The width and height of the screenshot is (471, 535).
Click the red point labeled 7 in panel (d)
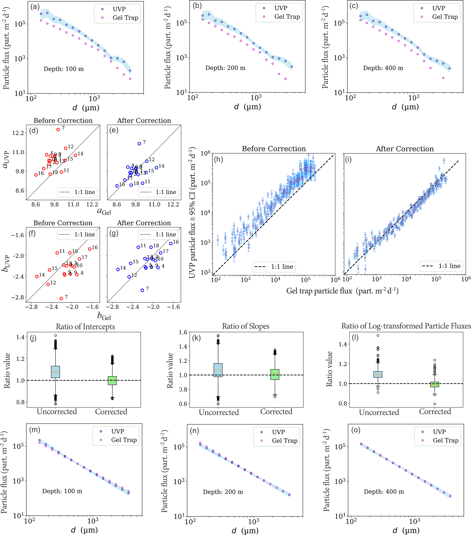tap(58, 130)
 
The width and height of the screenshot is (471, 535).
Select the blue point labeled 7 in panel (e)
tap(139, 144)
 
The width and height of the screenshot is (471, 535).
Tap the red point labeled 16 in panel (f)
tap(90, 249)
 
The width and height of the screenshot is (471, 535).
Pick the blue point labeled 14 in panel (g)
tap(118, 269)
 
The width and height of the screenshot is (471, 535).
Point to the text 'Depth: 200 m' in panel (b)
tap(225, 68)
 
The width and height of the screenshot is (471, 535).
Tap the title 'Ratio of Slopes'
tap(246, 326)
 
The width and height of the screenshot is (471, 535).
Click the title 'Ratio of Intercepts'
tap(85, 327)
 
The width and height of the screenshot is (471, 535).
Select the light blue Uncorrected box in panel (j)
tap(55, 372)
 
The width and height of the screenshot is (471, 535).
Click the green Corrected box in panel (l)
tap(435, 384)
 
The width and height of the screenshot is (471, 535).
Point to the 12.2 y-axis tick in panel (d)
tap(18, 133)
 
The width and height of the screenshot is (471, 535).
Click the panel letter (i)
tap(348, 159)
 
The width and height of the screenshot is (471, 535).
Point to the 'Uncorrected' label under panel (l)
tap(379, 413)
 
